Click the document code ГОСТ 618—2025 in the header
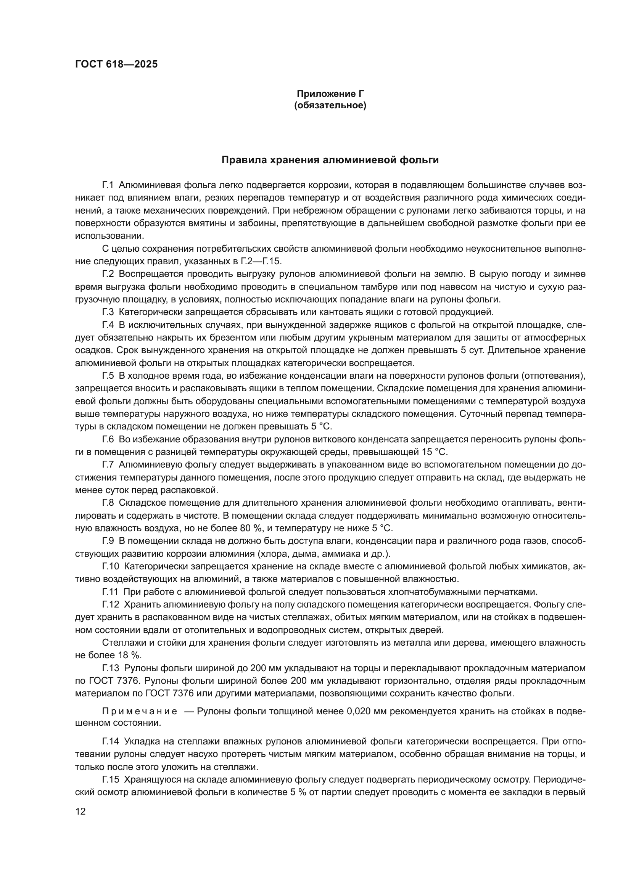[x=116, y=64]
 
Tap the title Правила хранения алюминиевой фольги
[x=330, y=160]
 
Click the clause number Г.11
[x=110, y=592]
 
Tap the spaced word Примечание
[x=140, y=711]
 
